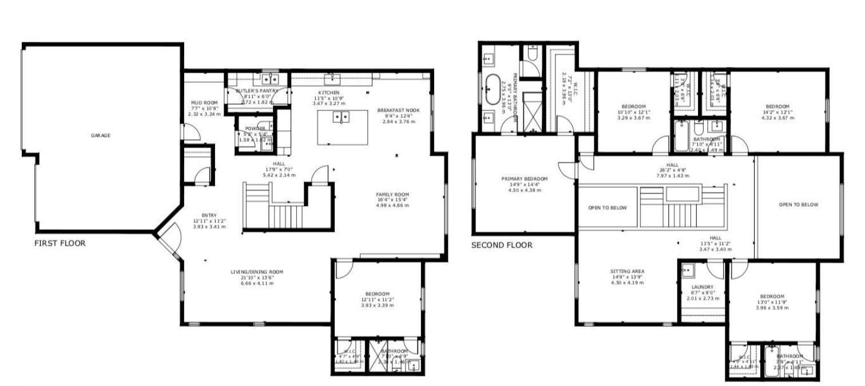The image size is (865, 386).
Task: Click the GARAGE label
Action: [x=100, y=136]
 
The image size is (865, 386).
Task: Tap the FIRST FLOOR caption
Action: [x=60, y=243]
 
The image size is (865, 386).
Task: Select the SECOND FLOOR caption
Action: [x=502, y=245]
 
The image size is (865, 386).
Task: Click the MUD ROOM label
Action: [x=204, y=103]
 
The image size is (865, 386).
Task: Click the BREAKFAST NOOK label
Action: [x=398, y=110]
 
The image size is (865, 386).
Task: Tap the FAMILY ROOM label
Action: [x=392, y=194]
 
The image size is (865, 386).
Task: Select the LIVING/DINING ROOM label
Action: [x=256, y=272]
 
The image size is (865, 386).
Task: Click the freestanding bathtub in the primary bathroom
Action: [x=491, y=89]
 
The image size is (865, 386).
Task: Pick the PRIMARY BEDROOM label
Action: [x=521, y=178]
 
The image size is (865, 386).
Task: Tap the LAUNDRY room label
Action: [x=702, y=287]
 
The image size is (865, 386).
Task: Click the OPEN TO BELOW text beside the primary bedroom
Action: [x=607, y=208]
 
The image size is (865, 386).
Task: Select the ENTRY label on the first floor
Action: [x=208, y=215]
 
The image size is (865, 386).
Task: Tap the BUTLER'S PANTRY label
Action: [x=257, y=91]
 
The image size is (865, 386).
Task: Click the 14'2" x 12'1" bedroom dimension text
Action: [x=777, y=113]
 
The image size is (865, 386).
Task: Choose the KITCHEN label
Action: [x=329, y=93]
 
